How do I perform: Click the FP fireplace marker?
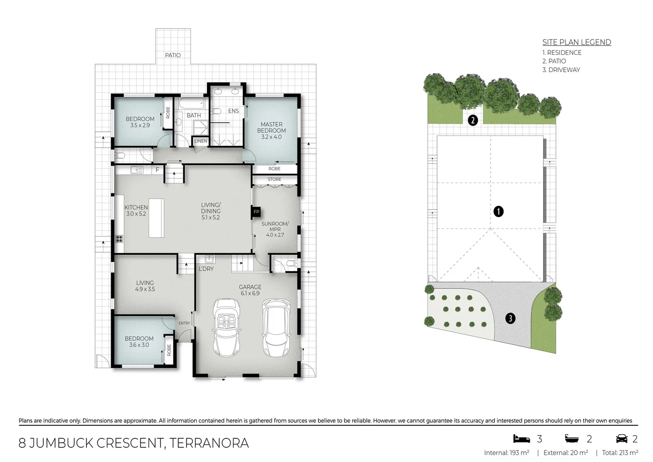(256, 212)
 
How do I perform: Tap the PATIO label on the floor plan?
(173, 55)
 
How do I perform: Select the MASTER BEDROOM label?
(271, 127)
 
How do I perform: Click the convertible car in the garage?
(226, 327)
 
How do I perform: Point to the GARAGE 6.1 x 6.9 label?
(250, 290)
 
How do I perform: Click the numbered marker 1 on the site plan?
(498, 211)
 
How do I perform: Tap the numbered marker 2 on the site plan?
(473, 120)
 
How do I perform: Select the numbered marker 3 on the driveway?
(510, 318)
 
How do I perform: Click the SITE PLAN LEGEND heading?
(577, 42)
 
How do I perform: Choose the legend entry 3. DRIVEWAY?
(561, 70)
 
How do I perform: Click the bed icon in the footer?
(521, 438)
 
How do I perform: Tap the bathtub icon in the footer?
(572, 438)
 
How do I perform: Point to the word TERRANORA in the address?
(209, 443)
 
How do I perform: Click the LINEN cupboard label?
(201, 141)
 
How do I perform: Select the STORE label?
(274, 179)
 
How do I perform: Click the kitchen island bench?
(156, 218)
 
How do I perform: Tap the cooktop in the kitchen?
(119, 239)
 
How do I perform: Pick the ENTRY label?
(184, 323)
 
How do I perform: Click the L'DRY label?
(206, 269)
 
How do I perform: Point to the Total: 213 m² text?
(620, 453)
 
